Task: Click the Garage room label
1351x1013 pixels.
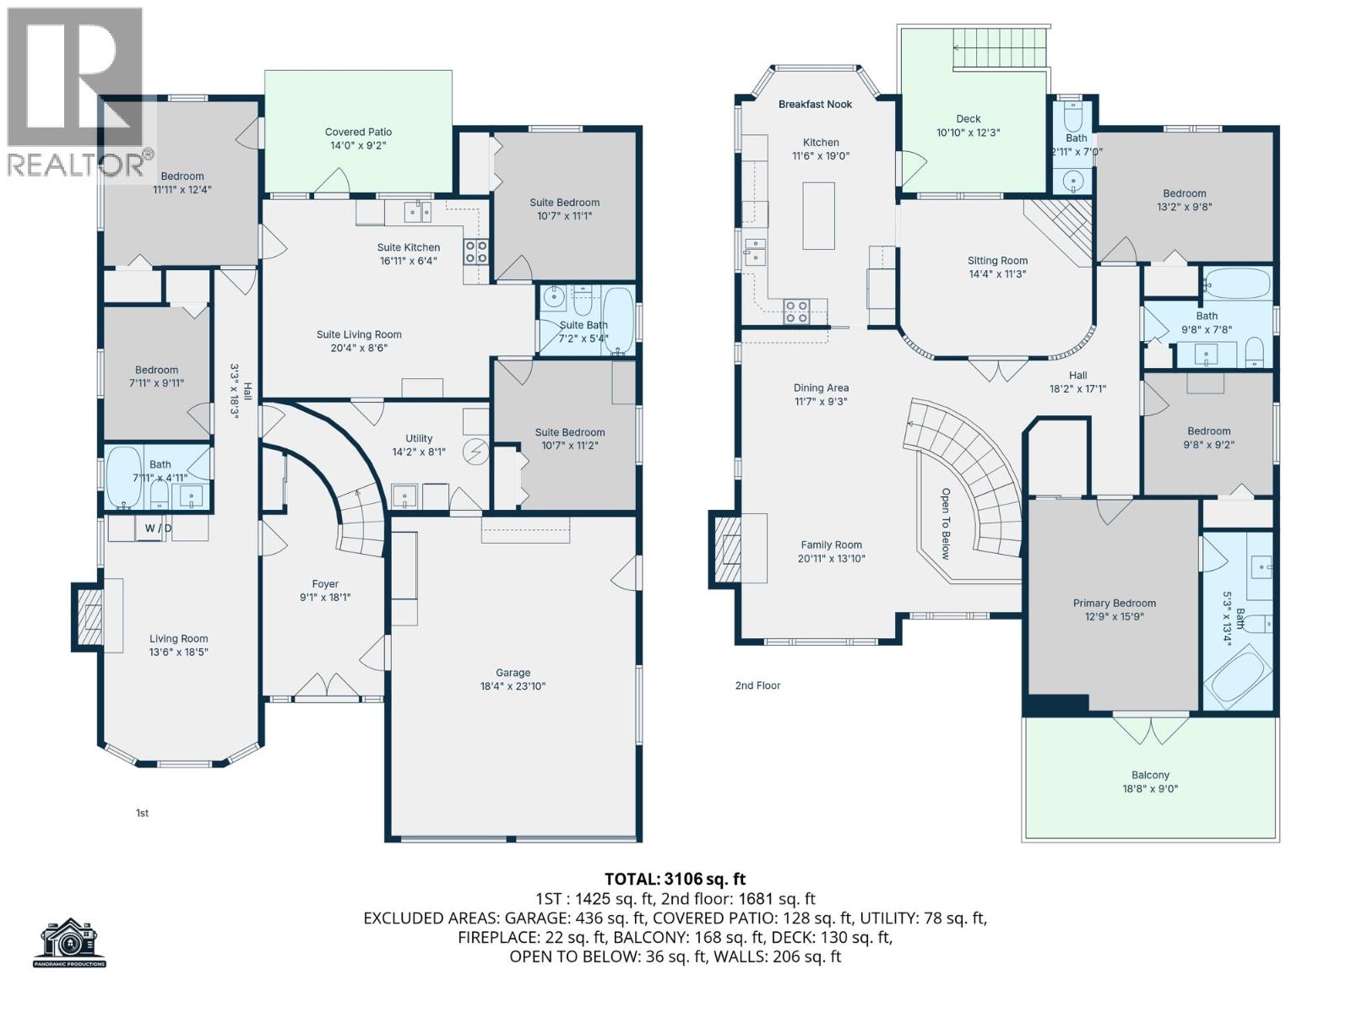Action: coord(513,673)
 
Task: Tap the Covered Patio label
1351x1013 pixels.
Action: coord(358,132)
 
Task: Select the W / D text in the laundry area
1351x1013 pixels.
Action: coord(158,528)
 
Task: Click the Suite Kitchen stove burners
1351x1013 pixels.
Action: coord(475,251)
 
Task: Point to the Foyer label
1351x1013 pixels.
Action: coord(325,583)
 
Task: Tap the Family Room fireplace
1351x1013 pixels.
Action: coord(726,550)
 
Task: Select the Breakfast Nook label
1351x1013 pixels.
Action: coord(815,104)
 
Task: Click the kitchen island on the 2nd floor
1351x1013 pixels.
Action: coord(818,215)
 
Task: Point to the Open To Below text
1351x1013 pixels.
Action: coord(946,523)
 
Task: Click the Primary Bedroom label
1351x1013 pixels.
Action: coord(1114,603)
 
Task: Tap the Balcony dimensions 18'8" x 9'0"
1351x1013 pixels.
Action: coord(1150,788)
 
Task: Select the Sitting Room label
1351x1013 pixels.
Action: coord(997,261)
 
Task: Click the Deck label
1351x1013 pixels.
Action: coord(968,119)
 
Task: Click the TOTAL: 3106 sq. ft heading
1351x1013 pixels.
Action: coord(675,879)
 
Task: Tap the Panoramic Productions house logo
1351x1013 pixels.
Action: coord(70,941)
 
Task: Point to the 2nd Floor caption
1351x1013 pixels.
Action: coord(757,685)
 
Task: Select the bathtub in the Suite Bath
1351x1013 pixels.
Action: coord(619,321)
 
